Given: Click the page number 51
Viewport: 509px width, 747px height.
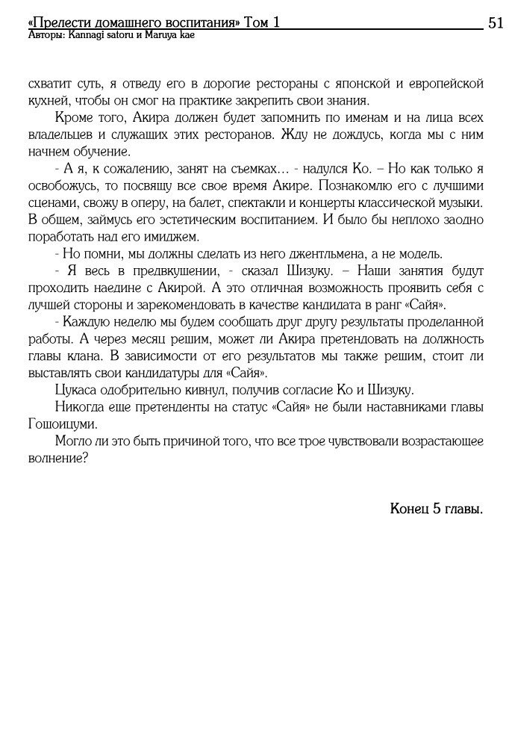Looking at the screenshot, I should [x=495, y=22].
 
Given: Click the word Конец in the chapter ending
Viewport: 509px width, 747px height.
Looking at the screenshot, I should [x=409, y=509].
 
